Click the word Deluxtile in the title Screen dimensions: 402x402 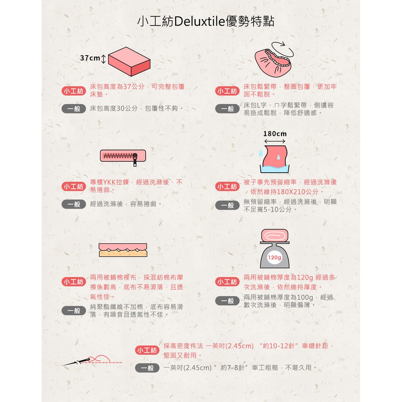[x=200, y=21]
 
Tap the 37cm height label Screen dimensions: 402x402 [x=90, y=58]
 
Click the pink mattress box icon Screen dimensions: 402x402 [x=129, y=62]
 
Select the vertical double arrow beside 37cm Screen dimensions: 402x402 [x=103, y=59]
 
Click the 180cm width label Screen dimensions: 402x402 [x=275, y=134]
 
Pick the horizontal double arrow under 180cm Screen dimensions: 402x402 [x=274, y=141]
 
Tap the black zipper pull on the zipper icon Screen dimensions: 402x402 [x=135, y=160]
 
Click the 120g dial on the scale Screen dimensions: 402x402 [x=274, y=258]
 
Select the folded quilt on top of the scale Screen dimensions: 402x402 [x=274, y=236]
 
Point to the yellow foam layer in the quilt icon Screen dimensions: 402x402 [x=123, y=253]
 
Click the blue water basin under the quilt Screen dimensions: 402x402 [x=274, y=169]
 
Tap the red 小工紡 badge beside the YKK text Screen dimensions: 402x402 [x=73, y=186]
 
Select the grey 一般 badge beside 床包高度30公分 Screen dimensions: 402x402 [x=73, y=109]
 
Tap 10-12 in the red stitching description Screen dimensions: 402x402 [x=278, y=346]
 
